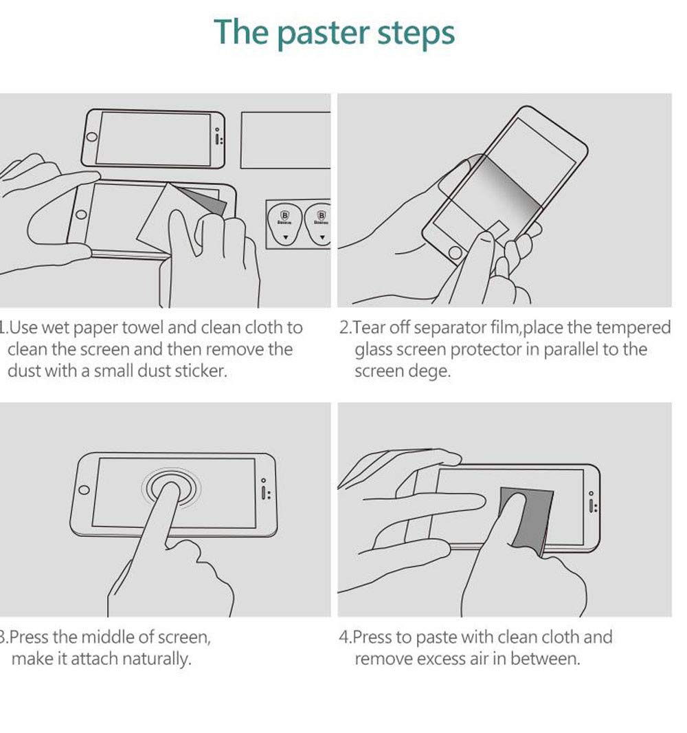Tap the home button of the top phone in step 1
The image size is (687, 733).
click(91, 137)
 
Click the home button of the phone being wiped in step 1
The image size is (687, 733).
click(81, 215)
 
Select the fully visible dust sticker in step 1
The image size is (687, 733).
click(285, 223)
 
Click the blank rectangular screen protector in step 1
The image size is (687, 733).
click(285, 140)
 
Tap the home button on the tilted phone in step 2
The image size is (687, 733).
click(455, 253)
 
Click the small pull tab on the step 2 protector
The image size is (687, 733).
click(498, 230)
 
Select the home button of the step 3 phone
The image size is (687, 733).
click(84, 490)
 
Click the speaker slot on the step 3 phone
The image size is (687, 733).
click(264, 492)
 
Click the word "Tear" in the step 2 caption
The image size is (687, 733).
click(369, 327)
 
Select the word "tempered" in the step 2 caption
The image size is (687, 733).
click(637, 328)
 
